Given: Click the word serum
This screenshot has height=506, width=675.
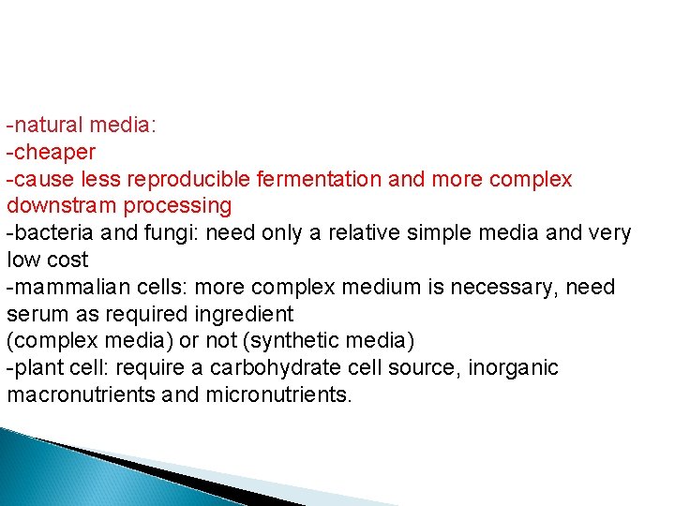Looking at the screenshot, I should tap(34, 314).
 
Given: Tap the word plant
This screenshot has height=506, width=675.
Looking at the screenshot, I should tap(35, 367).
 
